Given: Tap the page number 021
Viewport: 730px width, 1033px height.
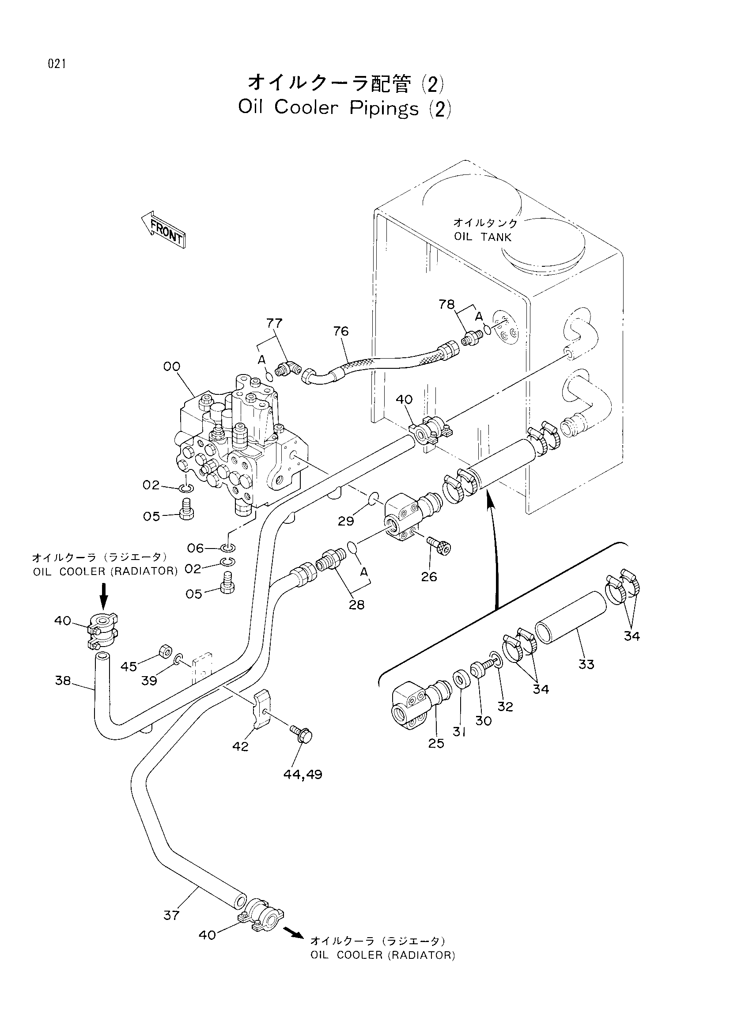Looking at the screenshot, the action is pyautogui.click(x=57, y=64).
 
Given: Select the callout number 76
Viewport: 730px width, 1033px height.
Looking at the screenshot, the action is pyautogui.click(x=341, y=331).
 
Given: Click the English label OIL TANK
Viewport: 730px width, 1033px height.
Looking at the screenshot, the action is pyautogui.click(x=483, y=237).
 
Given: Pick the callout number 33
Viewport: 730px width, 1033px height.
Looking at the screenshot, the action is pyautogui.click(x=586, y=664).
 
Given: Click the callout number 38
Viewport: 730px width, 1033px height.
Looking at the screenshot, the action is pyautogui.click(x=63, y=681).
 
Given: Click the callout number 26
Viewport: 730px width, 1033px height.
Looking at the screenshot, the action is pyautogui.click(x=429, y=576).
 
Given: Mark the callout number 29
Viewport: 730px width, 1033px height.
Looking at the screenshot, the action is pyautogui.click(x=346, y=521).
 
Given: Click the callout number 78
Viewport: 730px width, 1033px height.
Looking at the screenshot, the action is pyautogui.click(x=446, y=305).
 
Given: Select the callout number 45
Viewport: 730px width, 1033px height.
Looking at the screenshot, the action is pyautogui.click(x=129, y=666).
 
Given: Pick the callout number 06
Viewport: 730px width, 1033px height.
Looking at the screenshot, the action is pyautogui.click(x=196, y=548).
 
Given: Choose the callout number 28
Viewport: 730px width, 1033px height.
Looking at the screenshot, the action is pyautogui.click(x=356, y=604).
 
